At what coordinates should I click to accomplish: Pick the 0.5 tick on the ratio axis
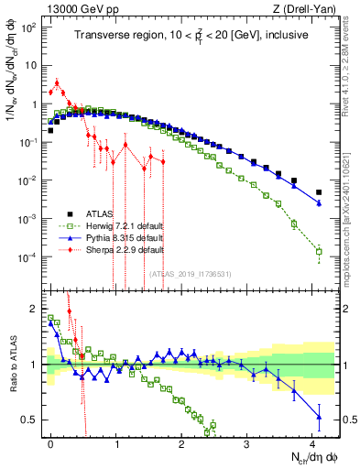[33, 420]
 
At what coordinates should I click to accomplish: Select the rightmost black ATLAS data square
[319, 192]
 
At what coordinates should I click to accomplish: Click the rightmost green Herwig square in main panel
[319, 251]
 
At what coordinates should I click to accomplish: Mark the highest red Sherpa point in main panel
[58, 82]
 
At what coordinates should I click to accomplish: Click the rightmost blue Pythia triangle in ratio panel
[319, 417]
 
